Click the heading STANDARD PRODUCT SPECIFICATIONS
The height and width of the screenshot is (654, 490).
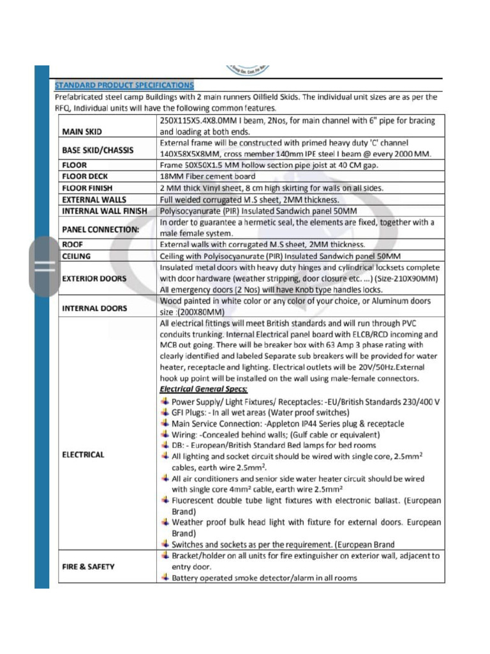click(x=124, y=85)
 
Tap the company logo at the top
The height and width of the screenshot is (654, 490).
click(x=248, y=70)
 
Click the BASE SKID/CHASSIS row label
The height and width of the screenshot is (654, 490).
click(x=98, y=151)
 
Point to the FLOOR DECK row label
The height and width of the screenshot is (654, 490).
click(x=87, y=176)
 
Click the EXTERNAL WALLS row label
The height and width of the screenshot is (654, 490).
click(x=94, y=199)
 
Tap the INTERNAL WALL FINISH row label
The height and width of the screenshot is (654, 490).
click(x=105, y=211)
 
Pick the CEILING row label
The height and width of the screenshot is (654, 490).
click(x=77, y=256)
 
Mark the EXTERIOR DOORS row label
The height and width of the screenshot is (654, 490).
click(x=94, y=279)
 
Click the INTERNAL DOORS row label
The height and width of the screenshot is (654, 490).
click(x=94, y=308)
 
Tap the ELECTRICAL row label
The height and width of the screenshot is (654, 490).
click(x=83, y=455)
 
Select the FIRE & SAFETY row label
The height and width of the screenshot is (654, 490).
click(x=89, y=567)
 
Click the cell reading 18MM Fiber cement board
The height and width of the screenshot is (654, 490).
click(x=207, y=176)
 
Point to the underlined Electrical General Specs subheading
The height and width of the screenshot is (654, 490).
click(x=204, y=389)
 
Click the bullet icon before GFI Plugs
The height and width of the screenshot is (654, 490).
click(x=165, y=413)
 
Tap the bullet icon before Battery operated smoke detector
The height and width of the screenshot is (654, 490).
click(x=165, y=577)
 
